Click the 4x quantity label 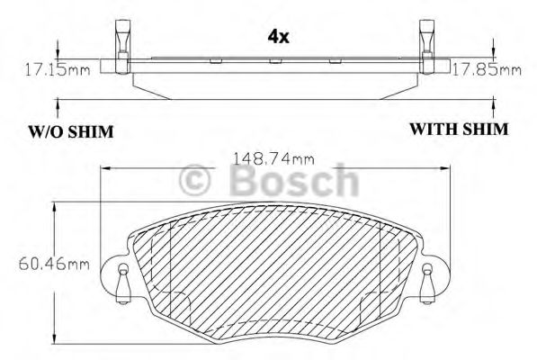tap(278, 37)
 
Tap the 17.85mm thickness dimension tap(486, 68)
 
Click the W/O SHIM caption tap(69, 132)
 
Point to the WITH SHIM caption tap(459, 130)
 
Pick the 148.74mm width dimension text tap(273, 158)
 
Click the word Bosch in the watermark tap(292, 183)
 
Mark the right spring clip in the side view tap(428, 40)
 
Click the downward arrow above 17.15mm tap(58, 52)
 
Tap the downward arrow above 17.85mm tap(493, 52)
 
